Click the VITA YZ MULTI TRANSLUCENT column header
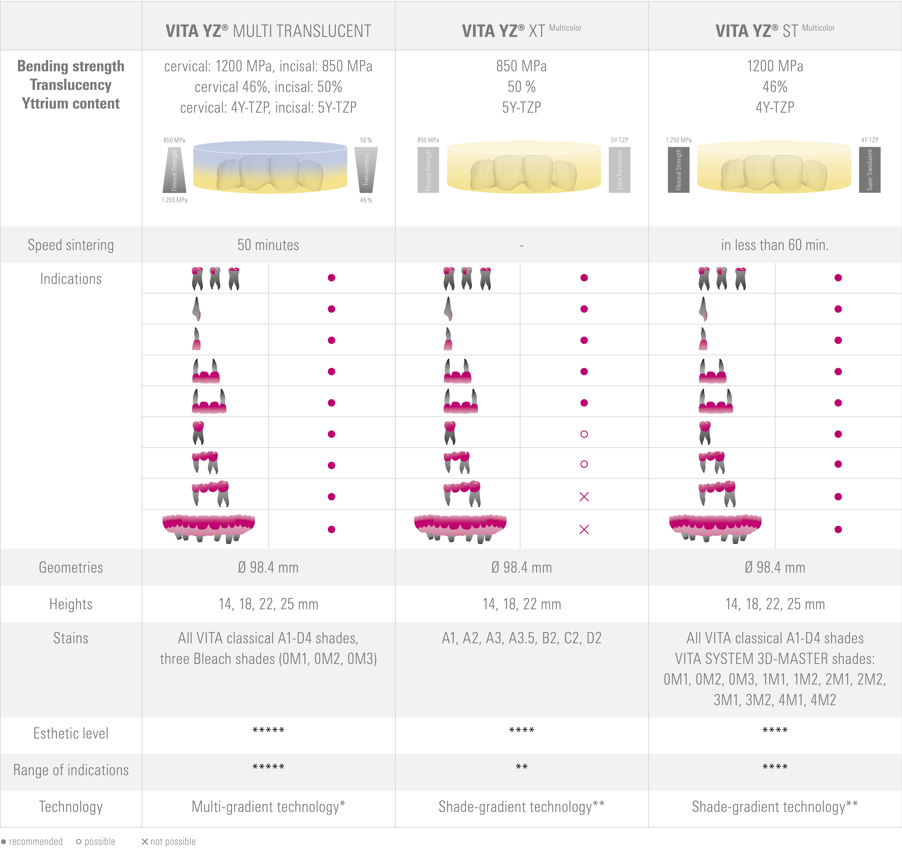tap(268, 31)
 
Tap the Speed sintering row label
tap(71, 245)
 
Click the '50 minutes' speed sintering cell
tap(268, 245)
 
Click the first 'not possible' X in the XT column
tap(584, 497)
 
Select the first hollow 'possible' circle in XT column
tap(584, 434)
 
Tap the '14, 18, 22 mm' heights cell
tap(522, 604)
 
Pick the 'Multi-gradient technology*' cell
tap(268, 807)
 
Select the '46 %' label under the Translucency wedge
tap(366, 200)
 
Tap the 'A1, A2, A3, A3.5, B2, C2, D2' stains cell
tap(522, 638)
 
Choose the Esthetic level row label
tap(71, 734)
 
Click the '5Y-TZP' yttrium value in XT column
tap(522, 107)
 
